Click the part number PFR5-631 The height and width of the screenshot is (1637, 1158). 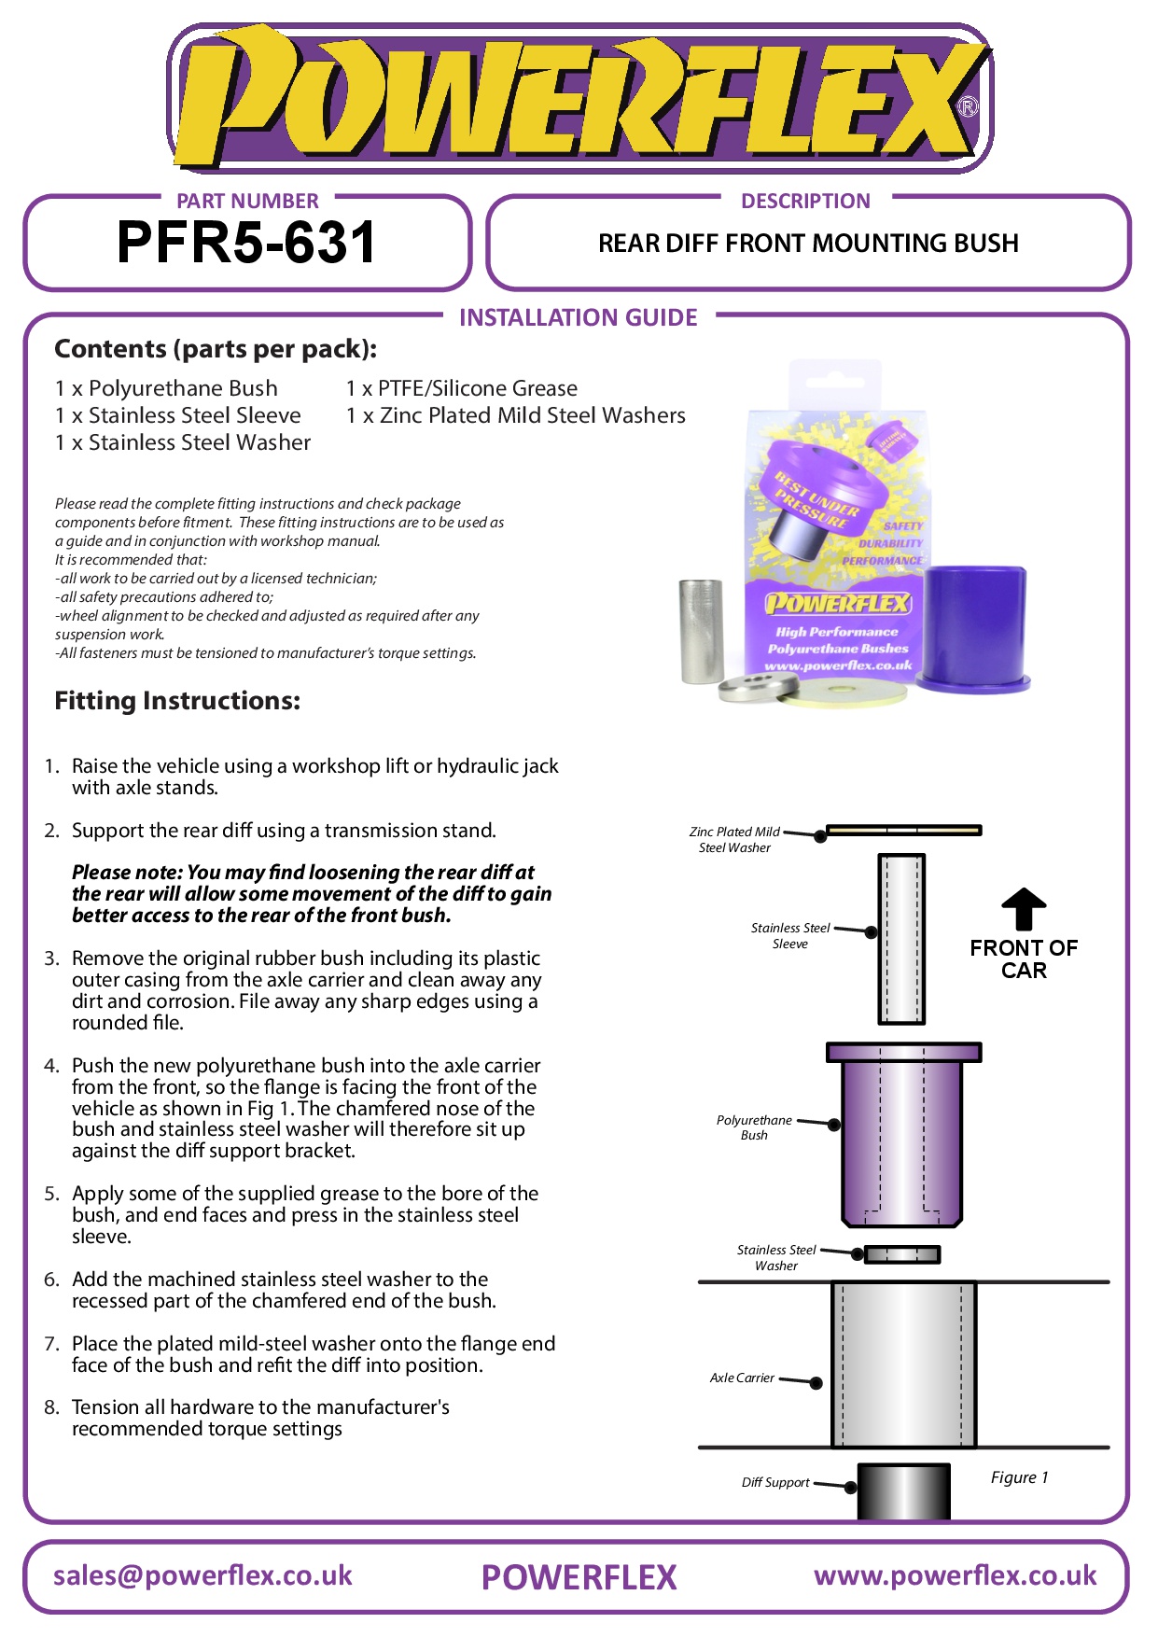point(246,243)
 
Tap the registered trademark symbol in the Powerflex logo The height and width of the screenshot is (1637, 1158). point(968,106)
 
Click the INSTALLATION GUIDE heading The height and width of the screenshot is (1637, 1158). point(578,318)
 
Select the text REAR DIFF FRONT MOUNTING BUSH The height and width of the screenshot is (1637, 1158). point(808,244)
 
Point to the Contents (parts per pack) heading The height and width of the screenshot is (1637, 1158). point(216,349)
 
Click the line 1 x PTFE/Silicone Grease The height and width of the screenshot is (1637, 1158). point(462,388)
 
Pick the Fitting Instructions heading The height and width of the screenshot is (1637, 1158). point(177,701)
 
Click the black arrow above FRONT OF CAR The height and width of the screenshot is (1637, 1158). point(1024,909)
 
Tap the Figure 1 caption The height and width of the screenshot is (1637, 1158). point(1019,1477)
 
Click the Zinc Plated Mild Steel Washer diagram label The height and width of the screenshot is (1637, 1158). point(734,839)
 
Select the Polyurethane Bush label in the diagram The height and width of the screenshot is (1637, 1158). point(754,1127)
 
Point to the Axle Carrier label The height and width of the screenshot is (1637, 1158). point(742,1378)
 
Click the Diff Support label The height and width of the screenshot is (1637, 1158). point(775,1482)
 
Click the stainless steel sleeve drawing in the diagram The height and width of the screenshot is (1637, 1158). point(901,938)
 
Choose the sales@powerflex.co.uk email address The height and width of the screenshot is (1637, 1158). point(202,1576)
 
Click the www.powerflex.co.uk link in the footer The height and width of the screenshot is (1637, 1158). point(955,1576)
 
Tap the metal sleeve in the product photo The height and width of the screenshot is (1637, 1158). point(701,631)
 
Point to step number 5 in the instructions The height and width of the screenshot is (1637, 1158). point(51,1194)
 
